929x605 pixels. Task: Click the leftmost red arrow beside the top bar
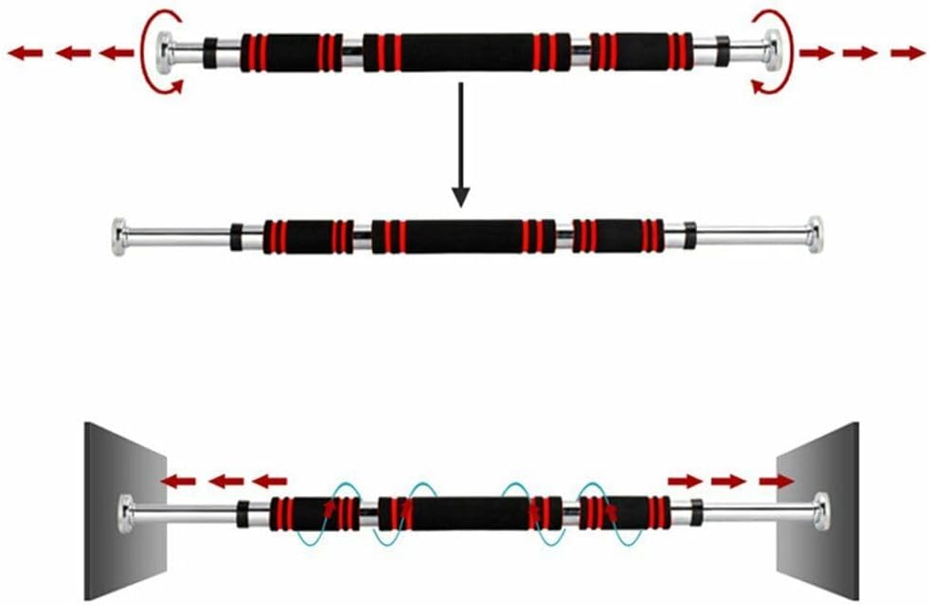pyautogui.click(x=24, y=53)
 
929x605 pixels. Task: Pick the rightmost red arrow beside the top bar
pyautogui.click(x=907, y=53)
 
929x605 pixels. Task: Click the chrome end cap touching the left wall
pyautogui.click(x=125, y=511)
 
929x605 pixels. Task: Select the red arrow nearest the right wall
pyautogui.click(x=777, y=481)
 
